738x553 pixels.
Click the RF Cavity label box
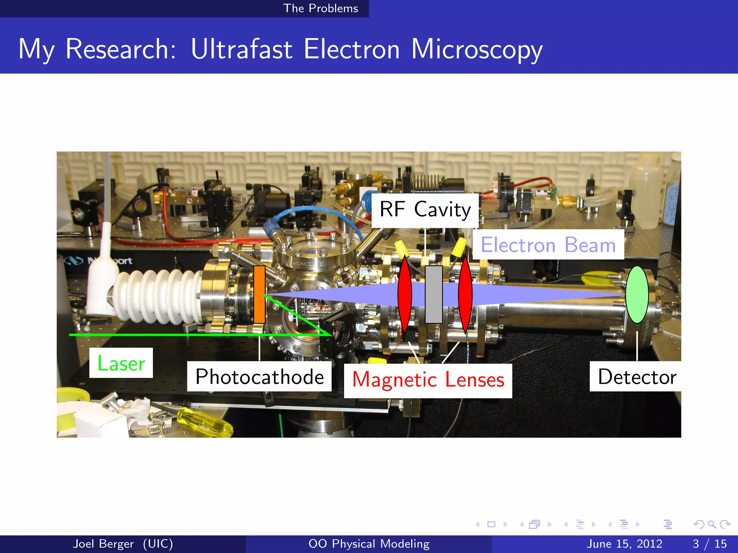(425, 210)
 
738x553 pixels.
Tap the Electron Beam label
(548, 245)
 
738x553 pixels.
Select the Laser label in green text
(121, 363)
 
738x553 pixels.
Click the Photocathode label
(259, 377)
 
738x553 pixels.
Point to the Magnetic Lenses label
(428, 380)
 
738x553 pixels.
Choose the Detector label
(636, 377)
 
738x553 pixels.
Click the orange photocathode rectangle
(259, 295)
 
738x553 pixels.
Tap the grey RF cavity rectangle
(434, 295)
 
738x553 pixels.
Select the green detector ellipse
(637, 295)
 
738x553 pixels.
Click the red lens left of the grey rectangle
(405, 295)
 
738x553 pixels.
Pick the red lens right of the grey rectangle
(465, 295)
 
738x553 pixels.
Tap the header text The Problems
(320, 8)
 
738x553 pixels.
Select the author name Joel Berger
(103, 544)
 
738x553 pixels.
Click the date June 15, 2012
(624, 544)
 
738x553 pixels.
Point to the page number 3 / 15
(709, 544)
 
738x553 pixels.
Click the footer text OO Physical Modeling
(369, 544)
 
